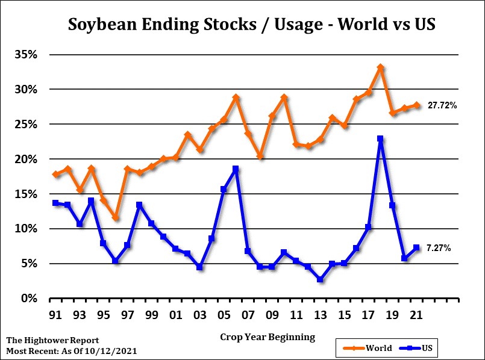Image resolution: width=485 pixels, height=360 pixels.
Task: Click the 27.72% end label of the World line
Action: tap(442, 105)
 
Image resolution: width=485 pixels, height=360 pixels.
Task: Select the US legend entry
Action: tap(421, 348)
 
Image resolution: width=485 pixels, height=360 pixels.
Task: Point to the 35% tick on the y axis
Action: tap(26, 55)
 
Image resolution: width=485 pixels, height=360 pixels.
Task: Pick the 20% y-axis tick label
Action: tap(26, 159)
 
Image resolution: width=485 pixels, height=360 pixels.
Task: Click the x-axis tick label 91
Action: tap(55, 314)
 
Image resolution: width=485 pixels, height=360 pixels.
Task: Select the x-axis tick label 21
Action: tap(416, 314)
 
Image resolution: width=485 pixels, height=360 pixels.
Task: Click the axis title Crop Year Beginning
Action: tap(268, 337)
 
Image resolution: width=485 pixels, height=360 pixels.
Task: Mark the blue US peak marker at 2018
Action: tap(380, 138)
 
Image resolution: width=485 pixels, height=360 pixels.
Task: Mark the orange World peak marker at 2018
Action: tap(380, 67)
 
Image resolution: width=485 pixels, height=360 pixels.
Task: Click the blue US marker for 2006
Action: tap(236, 169)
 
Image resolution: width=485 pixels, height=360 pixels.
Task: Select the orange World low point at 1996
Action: tap(115, 217)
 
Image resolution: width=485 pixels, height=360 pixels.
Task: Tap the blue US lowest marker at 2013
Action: tap(320, 279)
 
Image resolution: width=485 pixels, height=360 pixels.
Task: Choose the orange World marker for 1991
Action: tap(55, 175)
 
